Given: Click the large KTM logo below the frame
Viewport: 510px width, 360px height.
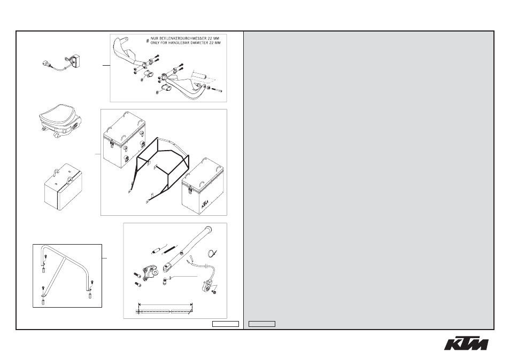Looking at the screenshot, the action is tap(466, 343).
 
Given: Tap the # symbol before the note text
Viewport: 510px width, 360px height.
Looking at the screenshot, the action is tap(148, 41).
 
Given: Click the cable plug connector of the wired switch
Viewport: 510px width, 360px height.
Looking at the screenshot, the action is tap(46, 64).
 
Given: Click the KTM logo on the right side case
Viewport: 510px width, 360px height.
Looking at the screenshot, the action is tap(205, 205).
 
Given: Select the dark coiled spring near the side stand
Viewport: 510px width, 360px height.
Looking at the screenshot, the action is tap(169, 248).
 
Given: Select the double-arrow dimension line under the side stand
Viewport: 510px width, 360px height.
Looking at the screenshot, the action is tap(165, 304).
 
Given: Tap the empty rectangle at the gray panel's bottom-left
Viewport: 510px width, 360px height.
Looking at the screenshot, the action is tap(262, 324).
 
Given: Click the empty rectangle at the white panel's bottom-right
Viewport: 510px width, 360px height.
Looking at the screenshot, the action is tap(226, 324).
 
